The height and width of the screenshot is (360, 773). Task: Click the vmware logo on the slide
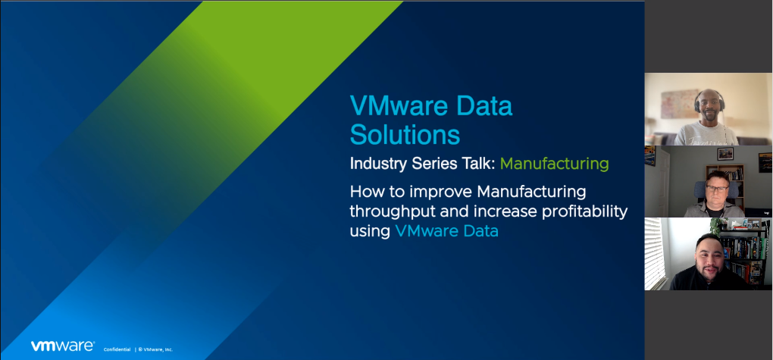click(62, 346)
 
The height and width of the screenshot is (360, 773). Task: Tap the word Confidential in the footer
click(117, 349)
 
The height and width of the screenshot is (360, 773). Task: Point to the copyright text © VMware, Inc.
click(155, 349)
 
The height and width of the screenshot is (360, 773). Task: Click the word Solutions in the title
click(405, 134)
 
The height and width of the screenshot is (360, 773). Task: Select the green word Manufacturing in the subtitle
click(554, 164)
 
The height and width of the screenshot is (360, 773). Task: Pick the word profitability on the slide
click(579, 211)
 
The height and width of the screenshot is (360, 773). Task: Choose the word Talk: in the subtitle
click(478, 163)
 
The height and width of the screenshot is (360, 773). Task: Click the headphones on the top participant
click(709, 102)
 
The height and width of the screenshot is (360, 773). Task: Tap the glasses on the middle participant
click(717, 189)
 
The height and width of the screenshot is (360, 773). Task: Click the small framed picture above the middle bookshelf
click(724, 153)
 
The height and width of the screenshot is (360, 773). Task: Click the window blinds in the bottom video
click(655, 253)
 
